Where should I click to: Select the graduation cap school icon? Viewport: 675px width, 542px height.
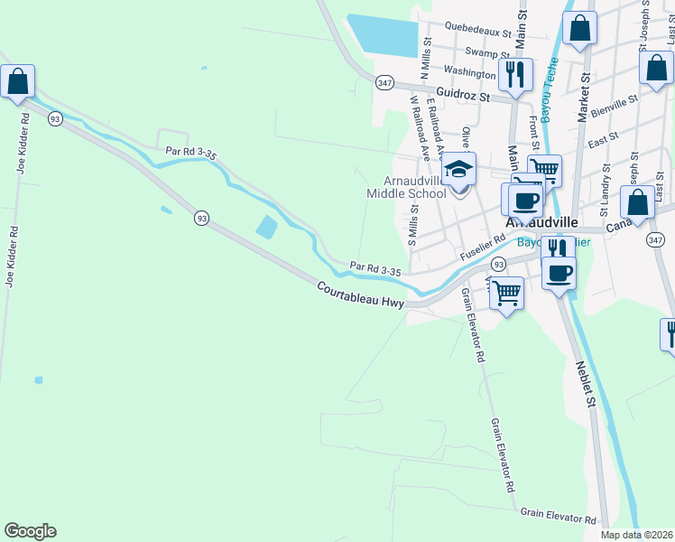[x=458, y=170]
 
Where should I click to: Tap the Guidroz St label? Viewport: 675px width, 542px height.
[x=461, y=93]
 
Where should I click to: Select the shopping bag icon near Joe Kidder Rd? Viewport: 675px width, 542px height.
[x=17, y=81]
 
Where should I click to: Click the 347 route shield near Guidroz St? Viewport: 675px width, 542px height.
[x=385, y=82]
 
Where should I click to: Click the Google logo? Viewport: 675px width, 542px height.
[x=30, y=531]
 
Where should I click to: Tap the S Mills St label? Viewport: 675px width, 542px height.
[x=414, y=227]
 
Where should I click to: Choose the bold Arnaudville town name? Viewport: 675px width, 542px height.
[x=541, y=221]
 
